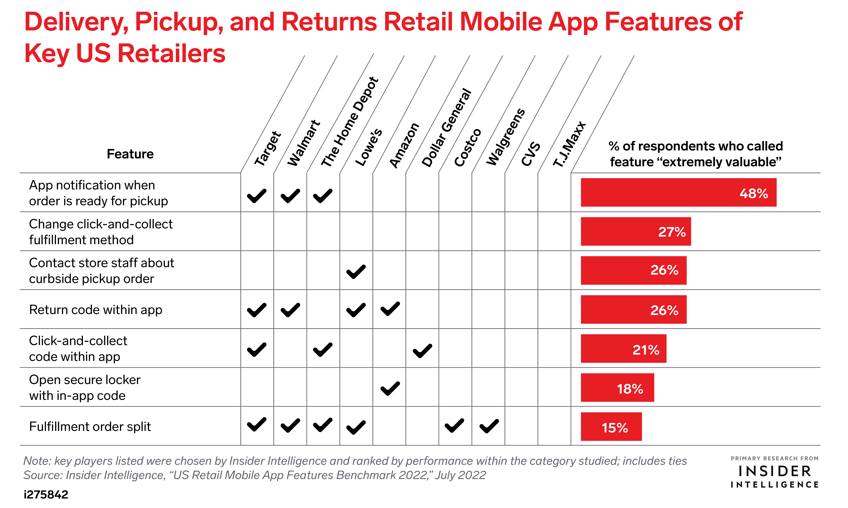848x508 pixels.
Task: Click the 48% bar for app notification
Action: pyautogui.click(x=678, y=192)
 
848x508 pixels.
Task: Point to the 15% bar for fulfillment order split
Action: pyautogui.click(x=611, y=427)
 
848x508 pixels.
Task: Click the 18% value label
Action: pyautogui.click(x=630, y=389)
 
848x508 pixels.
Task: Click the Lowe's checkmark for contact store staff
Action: pyautogui.click(x=356, y=272)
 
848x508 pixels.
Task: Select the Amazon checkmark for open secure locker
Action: pyautogui.click(x=390, y=388)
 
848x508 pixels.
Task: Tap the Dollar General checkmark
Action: pyautogui.click(x=422, y=351)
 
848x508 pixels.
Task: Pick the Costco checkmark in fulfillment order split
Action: pyautogui.click(x=454, y=425)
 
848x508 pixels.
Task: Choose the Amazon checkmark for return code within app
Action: pyautogui.click(x=390, y=309)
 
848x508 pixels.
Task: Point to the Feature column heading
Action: pyautogui.click(x=130, y=154)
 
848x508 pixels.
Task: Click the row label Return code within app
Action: pyautogui.click(x=96, y=310)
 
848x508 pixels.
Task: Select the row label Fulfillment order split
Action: pyautogui.click(x=90, y=427)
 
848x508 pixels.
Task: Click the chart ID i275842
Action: pyautogui.click(x=46, y=494)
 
